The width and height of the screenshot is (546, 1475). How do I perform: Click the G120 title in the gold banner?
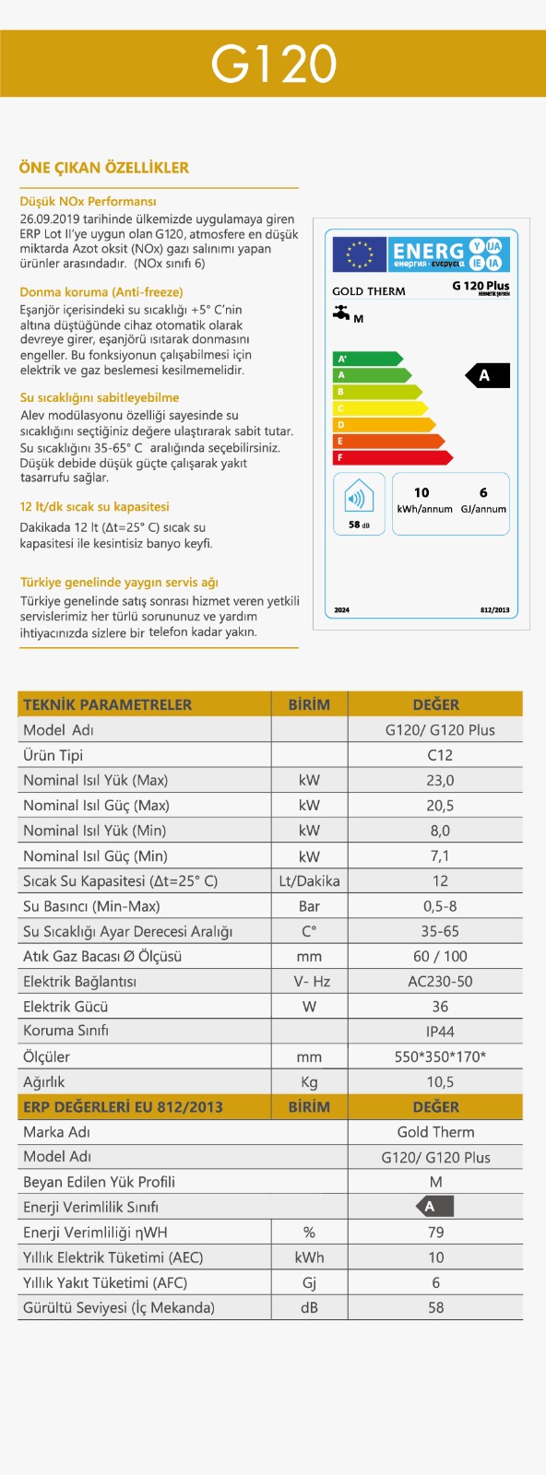point(273,64)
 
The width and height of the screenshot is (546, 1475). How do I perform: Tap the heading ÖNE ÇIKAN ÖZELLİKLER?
point(104,168)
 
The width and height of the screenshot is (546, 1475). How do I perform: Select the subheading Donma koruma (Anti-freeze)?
point(101,292)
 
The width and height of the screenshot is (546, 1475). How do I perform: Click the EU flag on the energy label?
point(360,254)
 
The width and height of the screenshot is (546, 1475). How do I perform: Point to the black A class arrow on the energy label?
point(486,375)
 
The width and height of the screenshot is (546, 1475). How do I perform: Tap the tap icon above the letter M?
point(342,313)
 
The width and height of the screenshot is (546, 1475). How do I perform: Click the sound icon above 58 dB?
point(359,499)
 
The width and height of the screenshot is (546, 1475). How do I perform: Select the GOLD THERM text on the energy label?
point(368,291)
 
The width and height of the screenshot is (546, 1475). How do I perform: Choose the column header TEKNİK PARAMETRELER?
point(108,704)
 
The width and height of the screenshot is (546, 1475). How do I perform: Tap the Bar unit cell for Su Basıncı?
point(309,906)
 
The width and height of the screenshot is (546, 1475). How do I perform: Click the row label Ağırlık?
point(44,1081)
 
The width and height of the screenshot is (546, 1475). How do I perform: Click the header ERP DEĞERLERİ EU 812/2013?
point(123,1107)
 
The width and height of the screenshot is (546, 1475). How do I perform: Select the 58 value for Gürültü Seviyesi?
point(436,1307)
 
